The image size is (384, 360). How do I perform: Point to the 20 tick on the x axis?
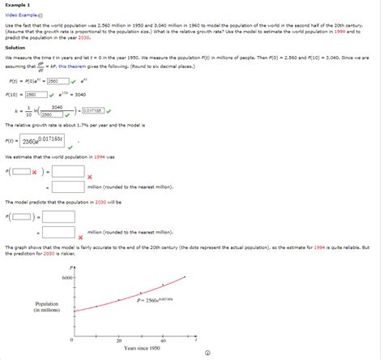pyautogui.click(x=118, y=341)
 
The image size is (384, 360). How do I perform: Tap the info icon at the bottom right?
pyautogui.click(x=208, y=352)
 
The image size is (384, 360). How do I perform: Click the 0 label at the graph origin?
pyautogui.click(x=71, y=341)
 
